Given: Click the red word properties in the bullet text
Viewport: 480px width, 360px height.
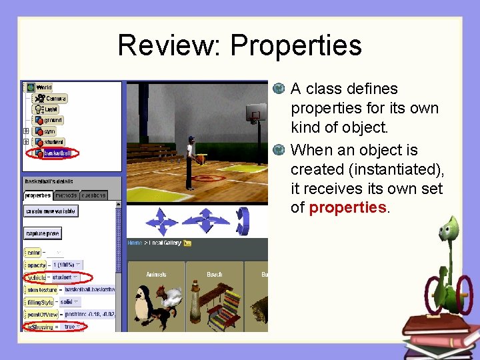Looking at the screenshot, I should coord(347,208).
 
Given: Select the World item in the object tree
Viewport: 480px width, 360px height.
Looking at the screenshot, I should coord(44,87).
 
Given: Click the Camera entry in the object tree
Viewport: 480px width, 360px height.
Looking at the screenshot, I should coord(55,98).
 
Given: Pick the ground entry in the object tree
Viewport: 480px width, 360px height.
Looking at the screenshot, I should coord(53,120).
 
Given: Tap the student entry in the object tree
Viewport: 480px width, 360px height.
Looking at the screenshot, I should coord(54,142).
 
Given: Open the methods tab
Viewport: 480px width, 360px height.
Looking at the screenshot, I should coord(66,195).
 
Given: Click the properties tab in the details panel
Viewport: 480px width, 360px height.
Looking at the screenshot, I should coord(38,195).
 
